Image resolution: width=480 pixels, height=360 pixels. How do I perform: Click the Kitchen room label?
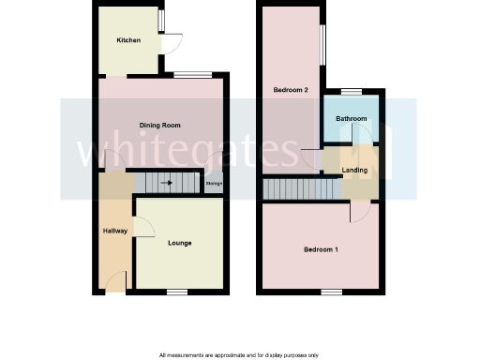(128, 41)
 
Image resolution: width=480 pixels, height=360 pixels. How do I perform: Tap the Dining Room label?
(159, 125)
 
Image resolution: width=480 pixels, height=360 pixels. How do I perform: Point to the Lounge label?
(179, 243)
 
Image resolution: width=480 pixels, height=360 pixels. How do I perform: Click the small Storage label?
(214, 184)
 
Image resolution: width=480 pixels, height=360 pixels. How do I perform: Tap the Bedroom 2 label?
(291, 90)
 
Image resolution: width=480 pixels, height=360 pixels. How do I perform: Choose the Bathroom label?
(352, 119)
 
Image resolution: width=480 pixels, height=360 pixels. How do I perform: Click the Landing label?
(354, 170)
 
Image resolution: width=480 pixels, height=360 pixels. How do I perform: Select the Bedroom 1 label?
(321, 249)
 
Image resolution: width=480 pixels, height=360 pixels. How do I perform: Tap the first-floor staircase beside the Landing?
(300, 189)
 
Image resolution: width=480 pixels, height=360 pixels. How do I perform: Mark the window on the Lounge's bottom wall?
(178, 292)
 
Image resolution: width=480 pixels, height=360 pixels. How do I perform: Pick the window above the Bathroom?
(351, 91)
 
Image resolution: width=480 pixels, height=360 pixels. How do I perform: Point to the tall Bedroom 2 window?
(323, 46)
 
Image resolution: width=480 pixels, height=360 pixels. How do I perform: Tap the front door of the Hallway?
(115, 281)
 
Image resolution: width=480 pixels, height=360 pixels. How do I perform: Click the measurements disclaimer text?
(239, 354)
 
